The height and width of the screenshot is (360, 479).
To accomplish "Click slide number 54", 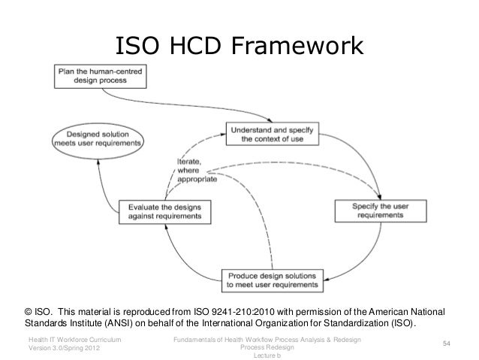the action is click(446, 343).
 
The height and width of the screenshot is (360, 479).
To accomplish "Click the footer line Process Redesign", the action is click(267, 347).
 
